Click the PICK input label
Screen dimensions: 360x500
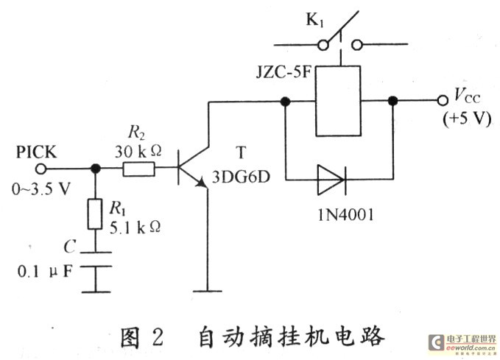tap(38, 152)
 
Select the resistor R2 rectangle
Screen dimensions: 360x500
tap(139, 169)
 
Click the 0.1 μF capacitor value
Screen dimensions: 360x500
tap(46, 270)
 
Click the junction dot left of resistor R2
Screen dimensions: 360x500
tap(95, 169)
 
